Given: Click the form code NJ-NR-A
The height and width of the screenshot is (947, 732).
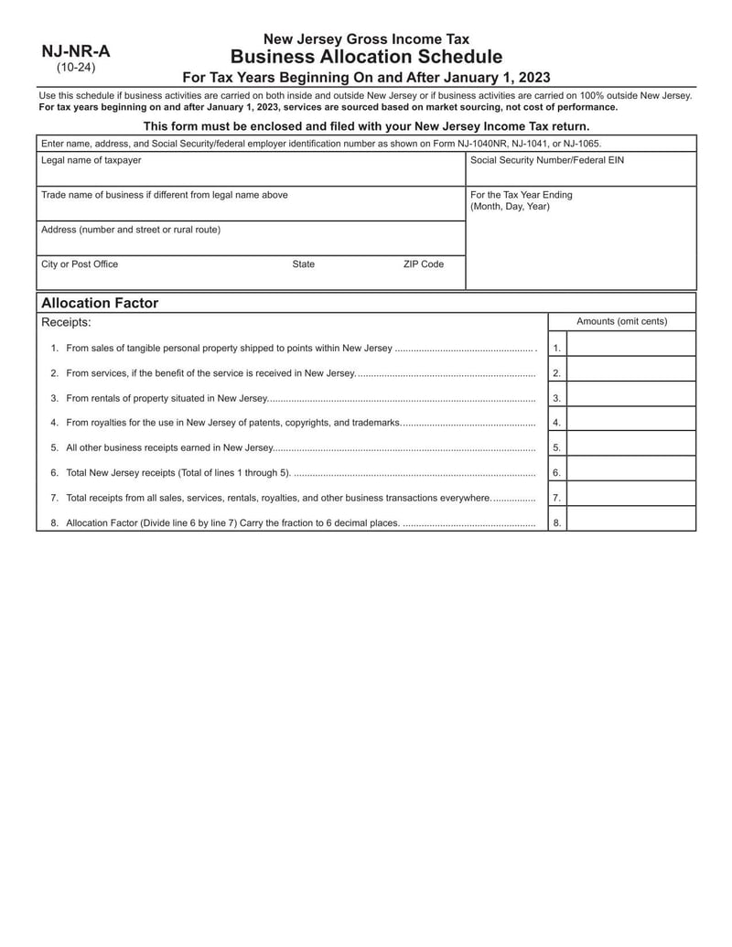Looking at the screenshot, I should click(76, 51).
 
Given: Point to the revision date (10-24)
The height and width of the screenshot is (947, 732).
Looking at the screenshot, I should click(76, 68).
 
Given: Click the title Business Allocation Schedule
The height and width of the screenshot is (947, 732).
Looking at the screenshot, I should click(366, 57).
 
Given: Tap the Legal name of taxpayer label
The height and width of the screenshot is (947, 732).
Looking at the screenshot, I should click(91, 160).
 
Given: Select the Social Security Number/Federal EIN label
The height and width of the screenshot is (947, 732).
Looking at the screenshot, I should click(547, 160).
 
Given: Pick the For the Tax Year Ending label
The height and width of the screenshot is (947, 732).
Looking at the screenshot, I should click(522, 195).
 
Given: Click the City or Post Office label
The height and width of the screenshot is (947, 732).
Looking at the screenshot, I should click(80, 264).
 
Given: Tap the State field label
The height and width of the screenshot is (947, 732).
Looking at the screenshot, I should click(304, 264).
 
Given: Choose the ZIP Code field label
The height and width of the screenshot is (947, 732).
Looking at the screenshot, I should click(424, 264).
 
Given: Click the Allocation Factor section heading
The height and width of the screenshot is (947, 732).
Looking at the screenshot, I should click(100, 303).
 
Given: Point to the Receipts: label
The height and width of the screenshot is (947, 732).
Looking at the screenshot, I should click(66, 322).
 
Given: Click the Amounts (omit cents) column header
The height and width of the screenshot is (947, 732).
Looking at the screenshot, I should click(621, 321).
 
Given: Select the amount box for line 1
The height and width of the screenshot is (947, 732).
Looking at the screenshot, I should click(631, 348).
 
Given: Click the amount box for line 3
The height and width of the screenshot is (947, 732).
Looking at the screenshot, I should click(631, 398).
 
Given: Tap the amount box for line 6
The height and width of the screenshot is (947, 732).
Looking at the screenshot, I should click(631, 473).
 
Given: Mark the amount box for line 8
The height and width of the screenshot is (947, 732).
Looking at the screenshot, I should click(631, 522).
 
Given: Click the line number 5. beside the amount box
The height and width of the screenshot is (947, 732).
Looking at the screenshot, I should click(557, 448).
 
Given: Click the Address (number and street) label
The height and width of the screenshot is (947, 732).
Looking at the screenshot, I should click(131, 230).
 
